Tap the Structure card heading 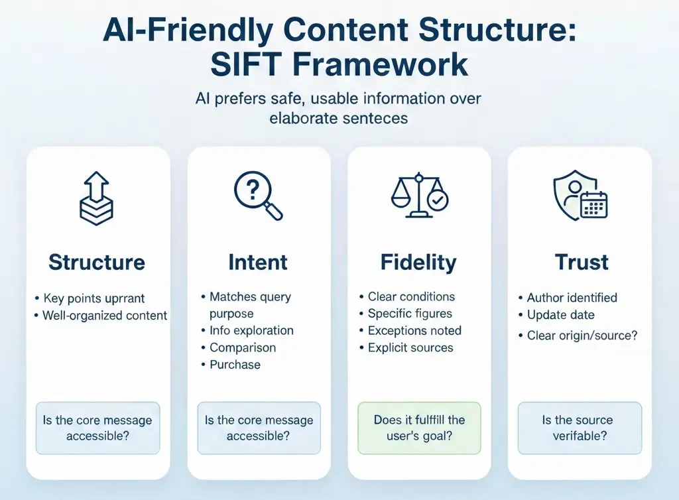(x=97, y=262)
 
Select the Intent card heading (x=258, y=262)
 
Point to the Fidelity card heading (x=418, y=262)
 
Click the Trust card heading (x=582, y=262)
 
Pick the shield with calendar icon (x=580, y=196)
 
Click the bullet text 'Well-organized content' (x=105, y=316)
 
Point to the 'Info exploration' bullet (x=251, y=330)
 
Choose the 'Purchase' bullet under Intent (x=235, y=365)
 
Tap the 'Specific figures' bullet (x=410, y=314)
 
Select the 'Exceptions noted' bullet (x=414, y=330)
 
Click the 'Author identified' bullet (x=572, y=298)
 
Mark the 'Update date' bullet (x=560, y=315)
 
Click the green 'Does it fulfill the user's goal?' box (x=419, y=428)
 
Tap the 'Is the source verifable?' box (x=580, y=428)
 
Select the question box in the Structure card (x=97, y=428)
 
